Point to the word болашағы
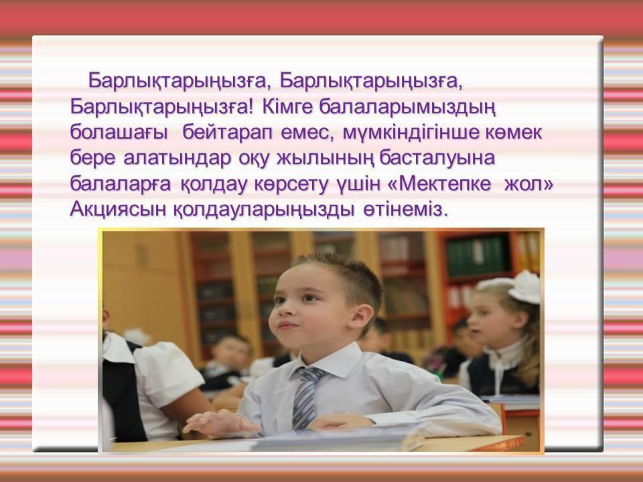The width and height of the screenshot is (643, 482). coord(119,133)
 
